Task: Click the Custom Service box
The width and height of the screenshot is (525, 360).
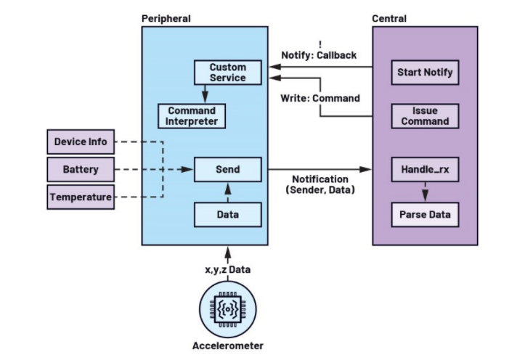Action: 227,72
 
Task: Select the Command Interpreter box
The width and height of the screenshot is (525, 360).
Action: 192,115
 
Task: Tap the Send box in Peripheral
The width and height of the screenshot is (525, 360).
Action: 227,169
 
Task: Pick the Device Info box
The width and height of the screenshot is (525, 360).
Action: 80,142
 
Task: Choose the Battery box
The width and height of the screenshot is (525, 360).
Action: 80,169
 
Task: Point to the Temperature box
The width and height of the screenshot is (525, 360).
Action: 80,197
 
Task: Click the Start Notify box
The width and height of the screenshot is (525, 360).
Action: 425,73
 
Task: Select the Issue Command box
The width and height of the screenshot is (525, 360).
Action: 425,115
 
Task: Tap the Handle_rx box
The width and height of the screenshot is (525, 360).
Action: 425,169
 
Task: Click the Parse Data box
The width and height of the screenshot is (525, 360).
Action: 425,214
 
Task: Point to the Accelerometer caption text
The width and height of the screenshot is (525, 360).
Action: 228,345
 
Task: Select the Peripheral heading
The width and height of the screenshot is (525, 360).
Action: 166,17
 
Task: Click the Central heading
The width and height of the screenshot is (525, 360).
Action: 389,17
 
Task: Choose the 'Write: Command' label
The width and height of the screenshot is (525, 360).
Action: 320,99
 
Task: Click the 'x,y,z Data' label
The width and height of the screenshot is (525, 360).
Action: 228,269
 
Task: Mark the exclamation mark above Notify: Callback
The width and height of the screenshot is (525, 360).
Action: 320,44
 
